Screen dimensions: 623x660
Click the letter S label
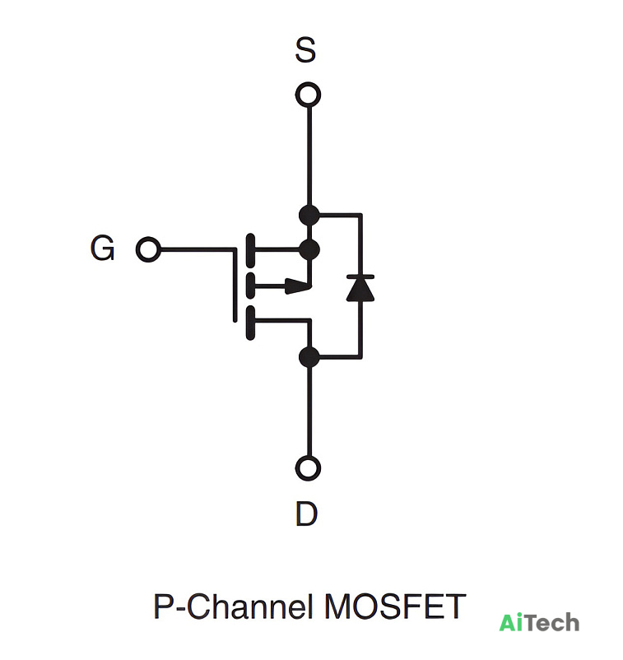305,50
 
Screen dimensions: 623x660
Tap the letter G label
102,248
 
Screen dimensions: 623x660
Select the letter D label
306,514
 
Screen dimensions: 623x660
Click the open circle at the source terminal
308,95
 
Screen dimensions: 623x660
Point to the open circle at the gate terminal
148,249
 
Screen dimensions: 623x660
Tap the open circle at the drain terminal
308,468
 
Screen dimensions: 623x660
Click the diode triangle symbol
360,290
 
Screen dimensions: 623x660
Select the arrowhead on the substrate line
299,286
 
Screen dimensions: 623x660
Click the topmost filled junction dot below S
309,215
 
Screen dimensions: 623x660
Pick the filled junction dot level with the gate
309,249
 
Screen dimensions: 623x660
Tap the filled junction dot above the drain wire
309,357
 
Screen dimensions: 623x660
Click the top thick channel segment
250,250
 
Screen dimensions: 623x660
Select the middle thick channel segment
250,286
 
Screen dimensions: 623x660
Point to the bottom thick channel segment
250,323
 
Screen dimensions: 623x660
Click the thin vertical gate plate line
235,286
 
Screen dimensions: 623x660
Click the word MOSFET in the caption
395,607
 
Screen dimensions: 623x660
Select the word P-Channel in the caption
234,607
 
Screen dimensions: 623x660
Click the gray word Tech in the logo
552,622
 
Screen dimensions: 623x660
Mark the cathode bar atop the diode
360,277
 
